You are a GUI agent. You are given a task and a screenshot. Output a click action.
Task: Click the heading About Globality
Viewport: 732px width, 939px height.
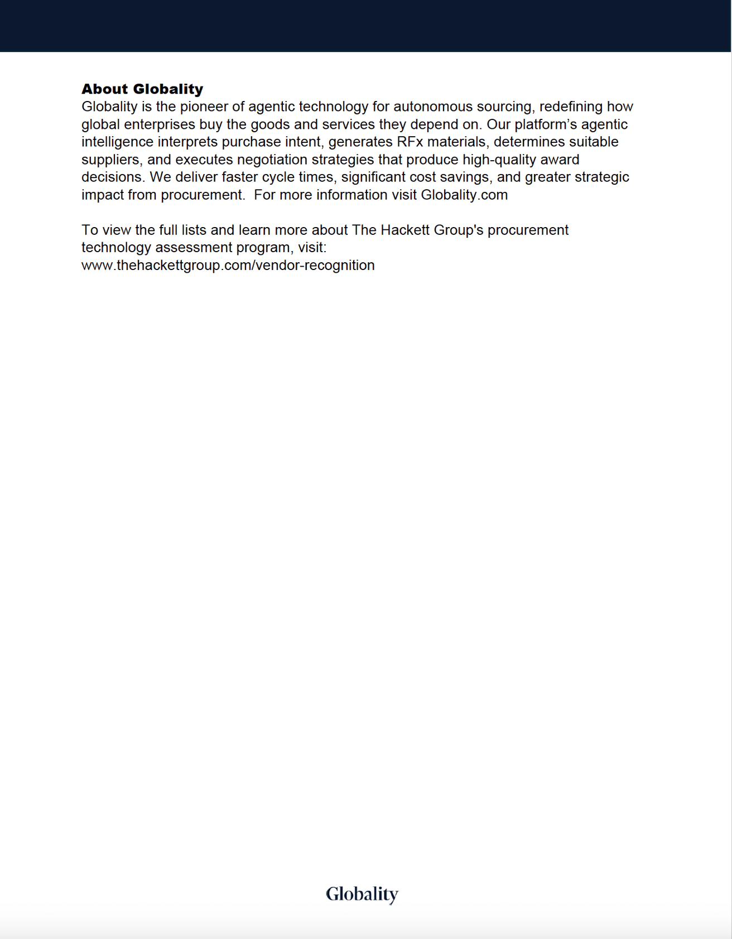point(142,89)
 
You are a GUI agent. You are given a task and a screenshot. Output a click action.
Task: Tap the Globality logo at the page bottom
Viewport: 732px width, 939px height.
point(362,894)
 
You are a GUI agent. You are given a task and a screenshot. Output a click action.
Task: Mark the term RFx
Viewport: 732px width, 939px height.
point(410,142)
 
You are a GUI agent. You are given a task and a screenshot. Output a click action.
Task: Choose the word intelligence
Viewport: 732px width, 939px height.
point(117,142)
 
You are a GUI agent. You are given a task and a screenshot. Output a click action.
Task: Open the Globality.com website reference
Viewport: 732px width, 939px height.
point(464,195)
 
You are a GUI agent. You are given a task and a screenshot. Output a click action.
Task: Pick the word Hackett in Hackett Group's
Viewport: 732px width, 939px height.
point(405,230)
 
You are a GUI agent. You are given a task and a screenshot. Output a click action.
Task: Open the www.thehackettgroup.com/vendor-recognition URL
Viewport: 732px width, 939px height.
point(228,266)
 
